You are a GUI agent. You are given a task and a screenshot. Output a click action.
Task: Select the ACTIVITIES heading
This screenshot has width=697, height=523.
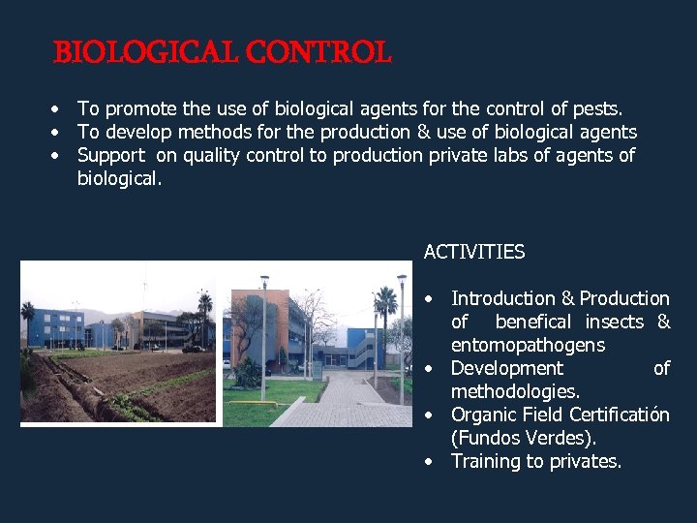[474, 252]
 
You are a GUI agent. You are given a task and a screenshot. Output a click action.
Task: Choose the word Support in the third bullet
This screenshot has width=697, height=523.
[108, 156]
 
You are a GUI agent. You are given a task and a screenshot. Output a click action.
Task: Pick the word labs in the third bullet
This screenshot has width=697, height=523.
[538, 156]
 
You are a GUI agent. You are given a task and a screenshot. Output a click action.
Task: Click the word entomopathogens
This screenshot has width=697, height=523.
[528, 345]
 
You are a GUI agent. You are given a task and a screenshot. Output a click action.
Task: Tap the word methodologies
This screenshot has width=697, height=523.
[515, 391]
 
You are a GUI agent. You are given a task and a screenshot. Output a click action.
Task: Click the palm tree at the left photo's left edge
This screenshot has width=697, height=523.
[28, 320]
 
